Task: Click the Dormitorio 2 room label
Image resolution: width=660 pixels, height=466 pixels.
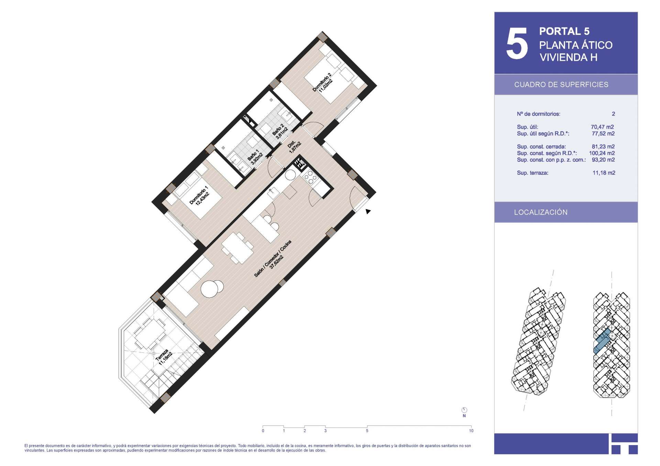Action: coord(322,83)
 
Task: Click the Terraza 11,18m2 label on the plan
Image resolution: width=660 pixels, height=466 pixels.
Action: coord(164,358)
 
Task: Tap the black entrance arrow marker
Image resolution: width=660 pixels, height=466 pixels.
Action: coord(368,212)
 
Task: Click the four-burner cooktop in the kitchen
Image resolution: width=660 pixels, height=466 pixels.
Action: coord(310,178)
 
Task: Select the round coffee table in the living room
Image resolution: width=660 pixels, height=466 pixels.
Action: coord(212,288)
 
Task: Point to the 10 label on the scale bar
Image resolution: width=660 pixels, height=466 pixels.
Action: coord(471,431)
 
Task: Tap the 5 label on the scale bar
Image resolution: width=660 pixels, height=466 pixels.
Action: coord(367,431)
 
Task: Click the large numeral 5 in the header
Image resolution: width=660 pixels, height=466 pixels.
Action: coord(517,44)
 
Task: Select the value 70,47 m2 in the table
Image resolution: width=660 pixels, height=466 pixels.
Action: coord(602,127)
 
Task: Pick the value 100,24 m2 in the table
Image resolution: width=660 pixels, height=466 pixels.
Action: coord(602,153)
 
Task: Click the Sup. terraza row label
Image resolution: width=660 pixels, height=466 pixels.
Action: coord(532,173)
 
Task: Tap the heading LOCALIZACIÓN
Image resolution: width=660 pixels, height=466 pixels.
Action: coord(541,212)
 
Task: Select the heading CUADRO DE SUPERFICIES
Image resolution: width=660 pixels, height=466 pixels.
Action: coord(561,84)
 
